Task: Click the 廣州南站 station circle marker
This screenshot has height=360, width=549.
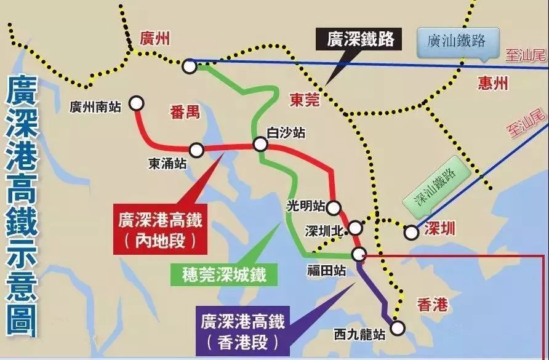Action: pos(136,103)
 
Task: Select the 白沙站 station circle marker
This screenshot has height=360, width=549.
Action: pos(260,145)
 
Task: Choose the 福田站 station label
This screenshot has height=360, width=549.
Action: pos(326,270)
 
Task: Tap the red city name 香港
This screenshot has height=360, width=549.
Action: pos(432,304)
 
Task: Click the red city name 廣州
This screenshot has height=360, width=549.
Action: pos(154,40)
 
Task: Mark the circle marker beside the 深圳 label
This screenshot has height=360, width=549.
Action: pos(411,233)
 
